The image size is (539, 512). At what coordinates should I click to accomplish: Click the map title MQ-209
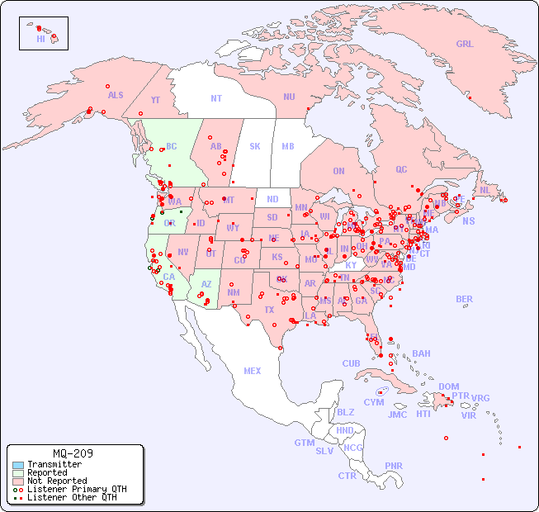pyautogui.click(x=73, y=453)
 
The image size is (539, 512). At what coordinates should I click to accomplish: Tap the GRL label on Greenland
pyautogui.click(x=465, y=45)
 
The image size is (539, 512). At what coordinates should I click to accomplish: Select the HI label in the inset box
pyautogui.click(x=40, y=39)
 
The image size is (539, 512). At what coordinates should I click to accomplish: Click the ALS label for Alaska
pyautogui.click(x=116, y=95)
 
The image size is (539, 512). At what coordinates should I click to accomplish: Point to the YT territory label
pyautogui.click(x=155, y=99)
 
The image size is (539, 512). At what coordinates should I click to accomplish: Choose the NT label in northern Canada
pyautogui.click(x=216, y=98)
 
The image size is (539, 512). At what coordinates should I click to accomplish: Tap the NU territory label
pyautogui.click(x=289, y=97)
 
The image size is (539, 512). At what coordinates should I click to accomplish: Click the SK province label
pyautogui.click(x=255, y=146)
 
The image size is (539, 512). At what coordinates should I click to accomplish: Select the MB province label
pyautogui.click(x=288, y=146)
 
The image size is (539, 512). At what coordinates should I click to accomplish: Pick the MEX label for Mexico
pyautogui.click(x=253, y=371)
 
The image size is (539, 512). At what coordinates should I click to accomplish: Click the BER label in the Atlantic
pyautogui.click(x=465, y=299)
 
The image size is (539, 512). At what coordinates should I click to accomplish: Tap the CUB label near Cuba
pyautogui.click(x=351, y=363)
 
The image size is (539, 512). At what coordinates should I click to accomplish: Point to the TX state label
pyautogui.click(x=269, y=310)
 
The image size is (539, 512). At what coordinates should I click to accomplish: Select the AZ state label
pyautogui.click(x=207, y=284)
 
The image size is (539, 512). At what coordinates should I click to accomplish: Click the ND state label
pyautogui.click(x=272, y=199)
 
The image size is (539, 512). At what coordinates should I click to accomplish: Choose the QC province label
pyautogui.click(x=401, y=169)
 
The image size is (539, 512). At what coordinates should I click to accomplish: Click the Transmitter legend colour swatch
pyautogui.click(x=18, y=465)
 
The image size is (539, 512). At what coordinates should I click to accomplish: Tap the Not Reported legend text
pyautogui.click(x=57, y=481)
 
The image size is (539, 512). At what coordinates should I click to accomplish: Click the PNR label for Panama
pyautogui.click(x=394, y=466)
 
